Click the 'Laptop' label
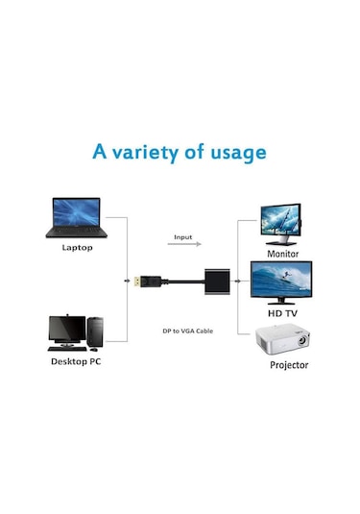(x=77, y=247)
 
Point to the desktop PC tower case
(x=94, y=331)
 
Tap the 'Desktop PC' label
(x=76, y=363)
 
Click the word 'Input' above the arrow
(x=182, y=236)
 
